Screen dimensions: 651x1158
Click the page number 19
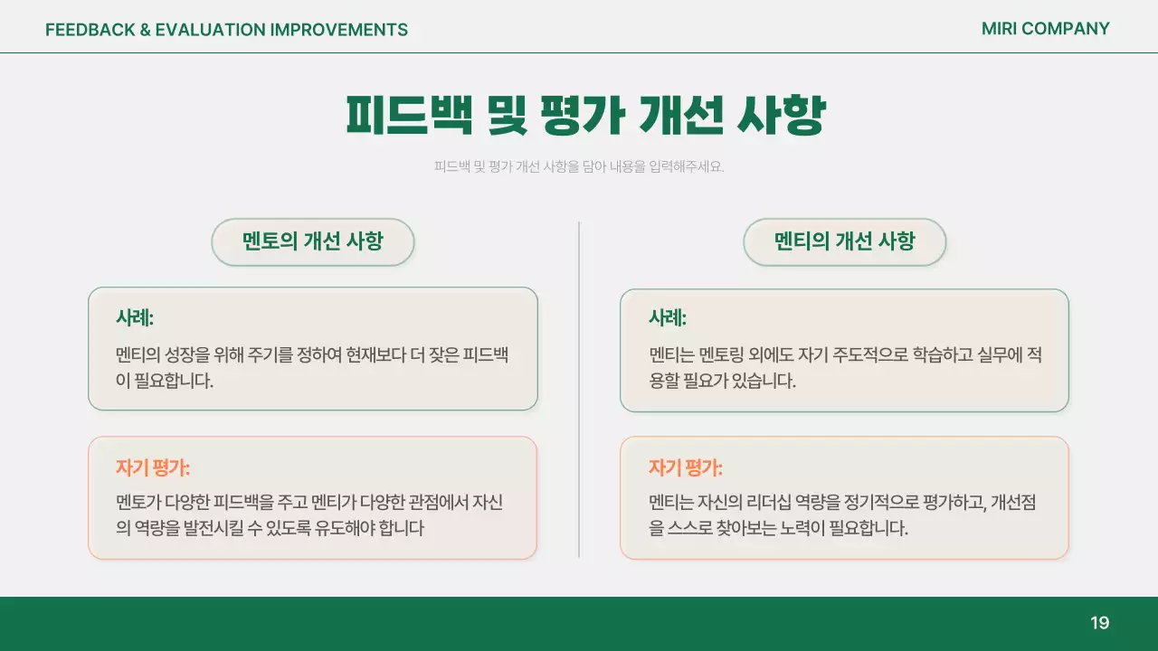[1099, 623]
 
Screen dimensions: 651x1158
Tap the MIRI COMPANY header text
[1045, 29]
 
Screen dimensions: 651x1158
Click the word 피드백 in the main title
[409, 116]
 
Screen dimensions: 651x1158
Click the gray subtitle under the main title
[579, 166]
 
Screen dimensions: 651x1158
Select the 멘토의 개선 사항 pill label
[312, 241]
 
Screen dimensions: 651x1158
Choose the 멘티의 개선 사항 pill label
[844, 241]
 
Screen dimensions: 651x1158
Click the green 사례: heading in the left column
[135, 317]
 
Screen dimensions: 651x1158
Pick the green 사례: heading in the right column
[668, 317]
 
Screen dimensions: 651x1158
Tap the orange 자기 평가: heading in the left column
[153, 467]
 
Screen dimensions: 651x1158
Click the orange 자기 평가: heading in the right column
[686, 467]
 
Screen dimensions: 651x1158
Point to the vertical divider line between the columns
[579, 389]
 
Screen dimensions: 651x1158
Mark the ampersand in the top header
[144, 30]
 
